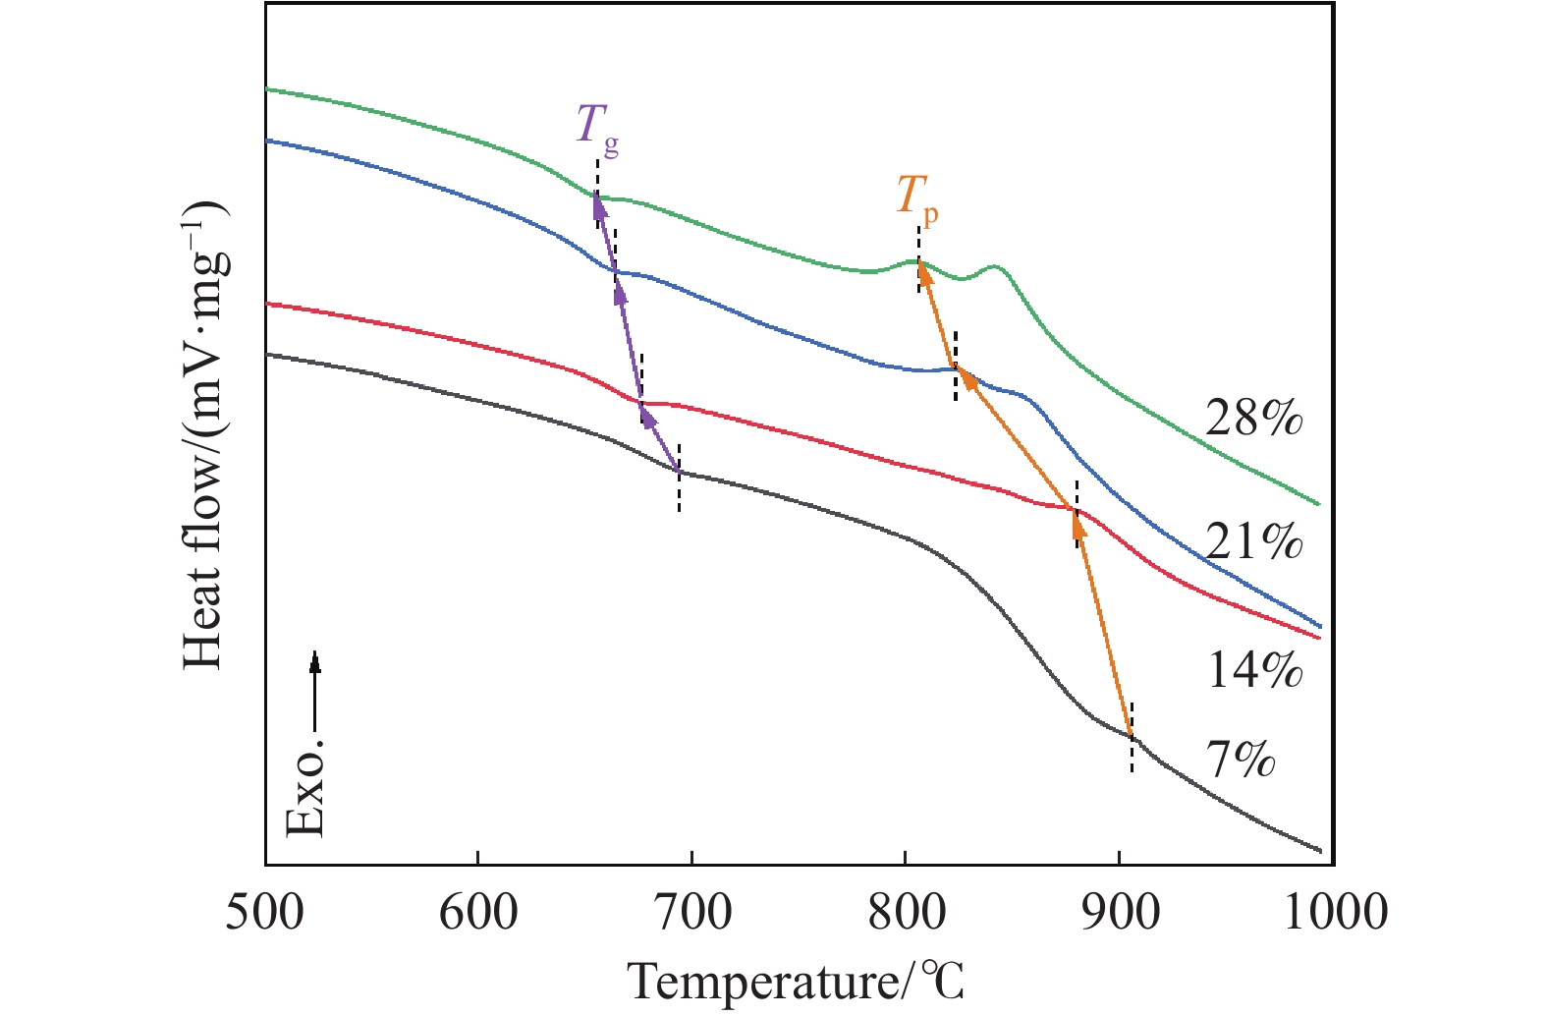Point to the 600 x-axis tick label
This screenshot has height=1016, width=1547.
477,914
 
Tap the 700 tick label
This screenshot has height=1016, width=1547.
691,914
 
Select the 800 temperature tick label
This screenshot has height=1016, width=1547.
905,914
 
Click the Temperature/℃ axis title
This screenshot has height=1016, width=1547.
796,981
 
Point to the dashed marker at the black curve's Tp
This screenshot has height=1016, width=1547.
1132,737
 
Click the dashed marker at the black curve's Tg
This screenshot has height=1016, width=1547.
679,477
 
